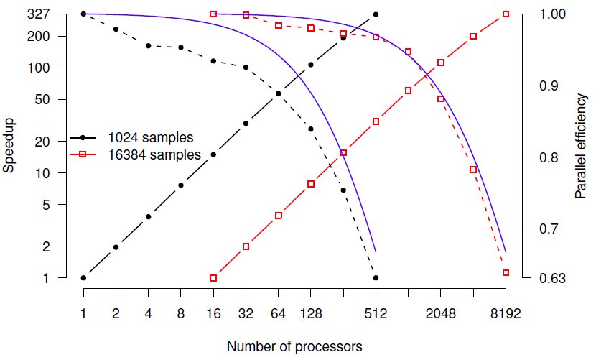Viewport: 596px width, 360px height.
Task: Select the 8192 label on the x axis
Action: click(x=506, y=313)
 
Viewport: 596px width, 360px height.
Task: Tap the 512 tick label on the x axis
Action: click(x=376, y=313)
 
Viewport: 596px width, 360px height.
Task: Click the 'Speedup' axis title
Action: click(x=9, y=146)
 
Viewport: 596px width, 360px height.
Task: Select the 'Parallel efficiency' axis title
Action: click(x=581, y=146)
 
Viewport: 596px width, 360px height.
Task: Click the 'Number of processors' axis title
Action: click(x=294, y=346)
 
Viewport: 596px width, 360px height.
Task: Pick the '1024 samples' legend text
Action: click(x=150, y=137)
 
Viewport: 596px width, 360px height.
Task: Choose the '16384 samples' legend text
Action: click(x=154, y=154)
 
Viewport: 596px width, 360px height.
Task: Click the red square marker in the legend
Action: click(x=83, y=154)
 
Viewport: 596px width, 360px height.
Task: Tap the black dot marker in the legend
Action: click(x=83, y=137)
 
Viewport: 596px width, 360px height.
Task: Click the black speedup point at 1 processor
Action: click(x=84, y=277)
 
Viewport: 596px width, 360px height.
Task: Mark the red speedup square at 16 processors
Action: click(x=213, y=278)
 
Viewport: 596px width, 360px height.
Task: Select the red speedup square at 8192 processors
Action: click(x=506, y=14)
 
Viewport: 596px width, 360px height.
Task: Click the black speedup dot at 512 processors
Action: click(x=376, y=14)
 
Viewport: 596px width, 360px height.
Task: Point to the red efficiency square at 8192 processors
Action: click(x=506, y=273)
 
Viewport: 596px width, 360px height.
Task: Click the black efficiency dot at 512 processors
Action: click(x=376, y=277)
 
